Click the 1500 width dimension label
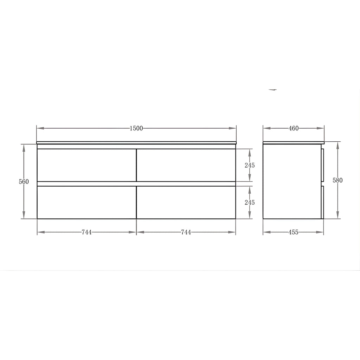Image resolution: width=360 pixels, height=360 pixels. pyautogui.click(x=136, y=128)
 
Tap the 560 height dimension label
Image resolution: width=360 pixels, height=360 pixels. pyautogui.click(x=24, y=182)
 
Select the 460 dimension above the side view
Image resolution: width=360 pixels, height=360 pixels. pyautogui.click(x=294, y=128)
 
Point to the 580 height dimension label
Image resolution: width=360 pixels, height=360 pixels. pyautogui.click(x=337, y=180)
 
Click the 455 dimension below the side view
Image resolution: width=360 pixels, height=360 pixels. pyautogui.click(x=294, y=232)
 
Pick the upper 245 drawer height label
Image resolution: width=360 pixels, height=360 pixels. pyautogui.click(x=250, y=165)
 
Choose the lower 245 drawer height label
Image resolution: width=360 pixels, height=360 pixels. pyautogui.click(x=250, y=202)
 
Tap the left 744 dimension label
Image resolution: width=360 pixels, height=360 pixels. pyautogui.click(x=86, y=232)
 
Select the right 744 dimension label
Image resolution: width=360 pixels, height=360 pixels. pyautogui.click(x=186, y=232)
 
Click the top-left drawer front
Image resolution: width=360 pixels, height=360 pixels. pyautogui.click(x=86, y=165)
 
